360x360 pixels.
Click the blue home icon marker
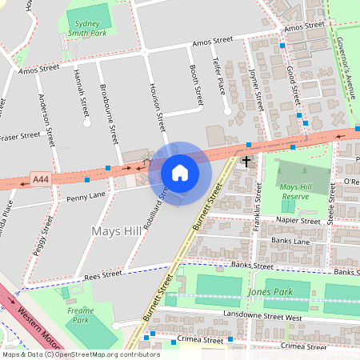(x=180, y=172)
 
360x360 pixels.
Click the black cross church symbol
(x=246, y=162)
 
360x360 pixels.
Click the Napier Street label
(x=298, y=219)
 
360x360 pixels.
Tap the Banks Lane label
(x=290, y=240)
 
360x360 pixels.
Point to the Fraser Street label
(x=19, y=137)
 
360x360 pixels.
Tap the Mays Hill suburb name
(x=118, y=232)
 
